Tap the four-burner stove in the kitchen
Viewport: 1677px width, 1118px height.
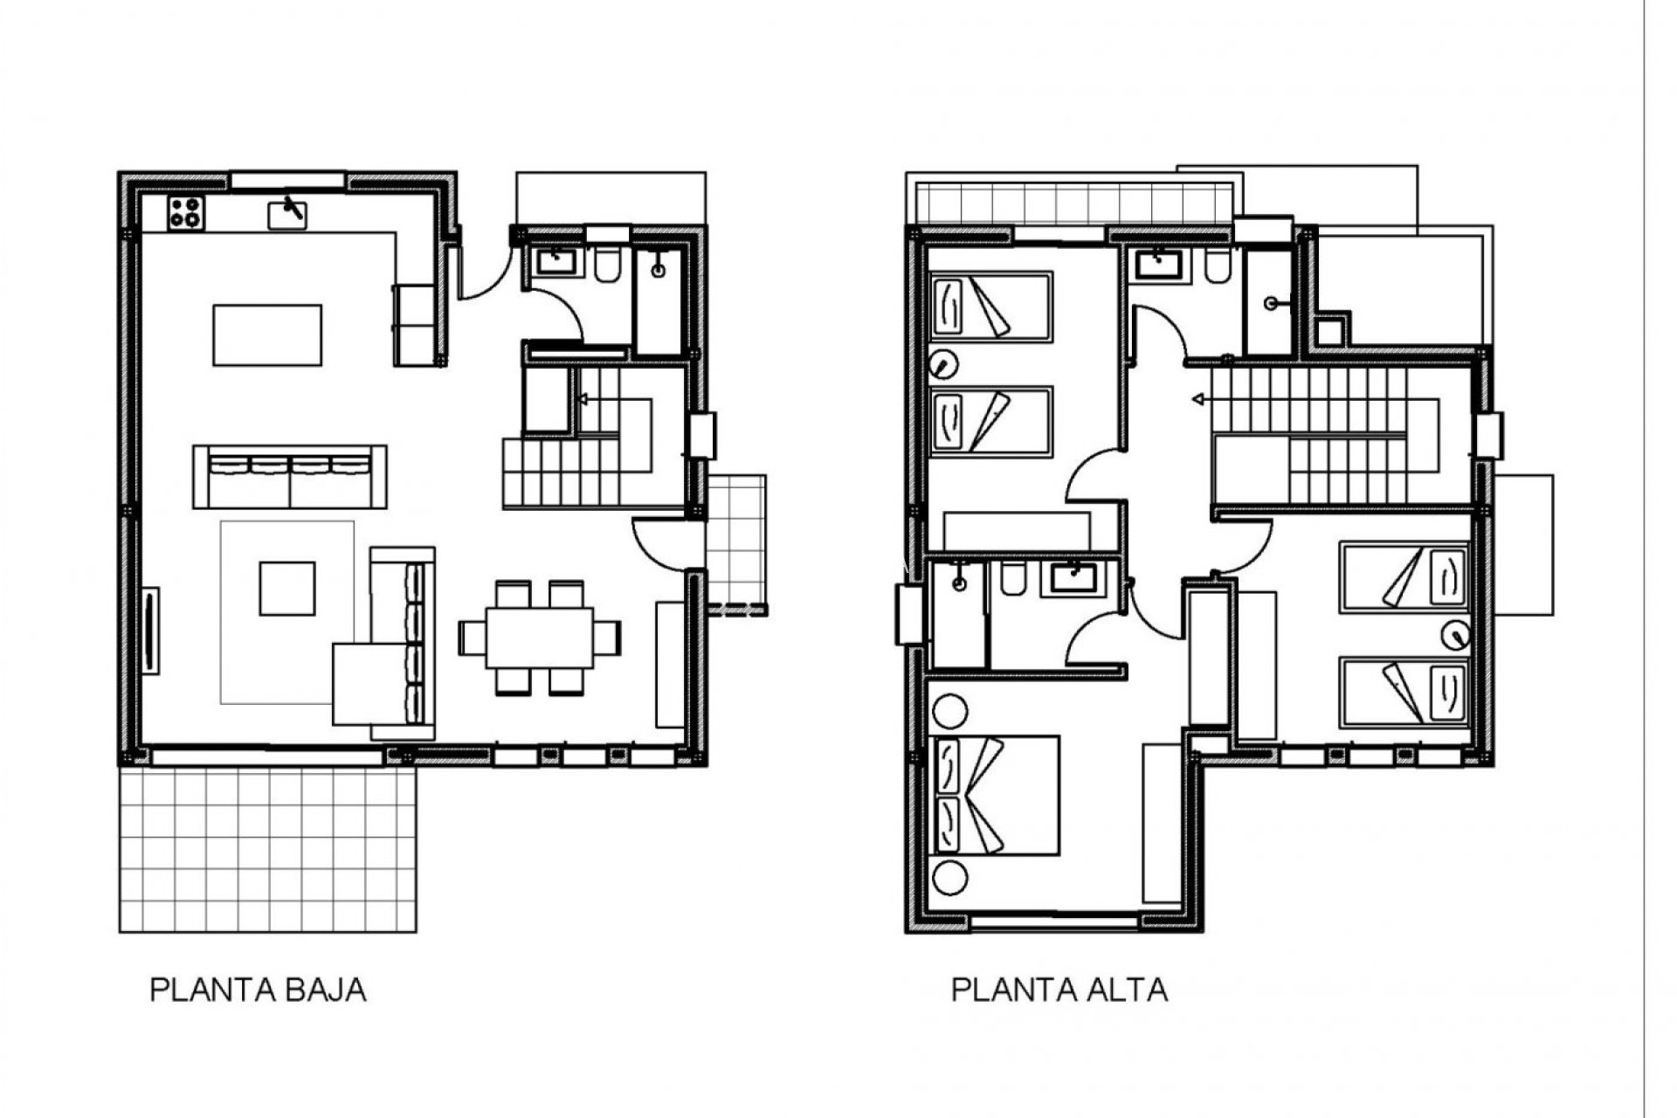tap(186, 212)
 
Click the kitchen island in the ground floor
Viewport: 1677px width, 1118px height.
tap(267, 335)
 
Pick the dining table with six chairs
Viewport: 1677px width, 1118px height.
tap(539, 638)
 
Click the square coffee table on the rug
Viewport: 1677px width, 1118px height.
tap(286, 589)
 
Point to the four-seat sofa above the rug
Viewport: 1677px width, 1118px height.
tap(290, 476)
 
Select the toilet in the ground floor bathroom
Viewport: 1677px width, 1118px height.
tap(606, 265)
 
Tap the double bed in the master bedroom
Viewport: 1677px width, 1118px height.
tap(996, 795)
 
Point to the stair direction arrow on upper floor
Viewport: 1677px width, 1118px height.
tap(1199, 400)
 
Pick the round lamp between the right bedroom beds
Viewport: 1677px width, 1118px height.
tap(1454, 634)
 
